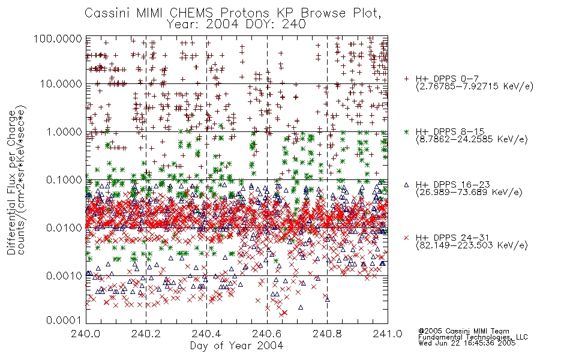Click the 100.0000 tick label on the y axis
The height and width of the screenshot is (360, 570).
coord(58,38)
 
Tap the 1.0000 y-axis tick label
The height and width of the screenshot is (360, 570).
coord(64,131)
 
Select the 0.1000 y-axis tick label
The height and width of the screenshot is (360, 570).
coord(64,179)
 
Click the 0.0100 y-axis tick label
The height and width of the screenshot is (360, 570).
coord(64,227)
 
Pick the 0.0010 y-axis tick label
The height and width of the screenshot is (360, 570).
coord(64,275)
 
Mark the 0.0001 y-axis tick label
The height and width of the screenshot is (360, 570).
coord(64,320)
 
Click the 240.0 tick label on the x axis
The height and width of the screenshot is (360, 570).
coord(86,334)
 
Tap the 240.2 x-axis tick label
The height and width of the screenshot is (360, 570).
coord(146,334)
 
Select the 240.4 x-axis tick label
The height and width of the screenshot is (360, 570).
coord(207,334)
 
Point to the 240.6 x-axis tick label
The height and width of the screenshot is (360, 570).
coord(267,334)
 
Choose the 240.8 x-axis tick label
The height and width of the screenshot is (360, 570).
coord(328,334)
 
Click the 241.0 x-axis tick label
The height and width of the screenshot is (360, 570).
coord(388,334)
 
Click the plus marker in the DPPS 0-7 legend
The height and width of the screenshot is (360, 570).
coord(406,79)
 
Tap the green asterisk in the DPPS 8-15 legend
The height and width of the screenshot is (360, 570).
coord(406,131)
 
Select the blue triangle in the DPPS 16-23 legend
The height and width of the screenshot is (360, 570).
coord(406,185)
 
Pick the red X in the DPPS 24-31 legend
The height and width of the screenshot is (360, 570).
coord(406,238)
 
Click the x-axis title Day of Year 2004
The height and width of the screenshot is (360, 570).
coord(236,346)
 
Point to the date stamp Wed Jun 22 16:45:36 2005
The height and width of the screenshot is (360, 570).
coord(467,343)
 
